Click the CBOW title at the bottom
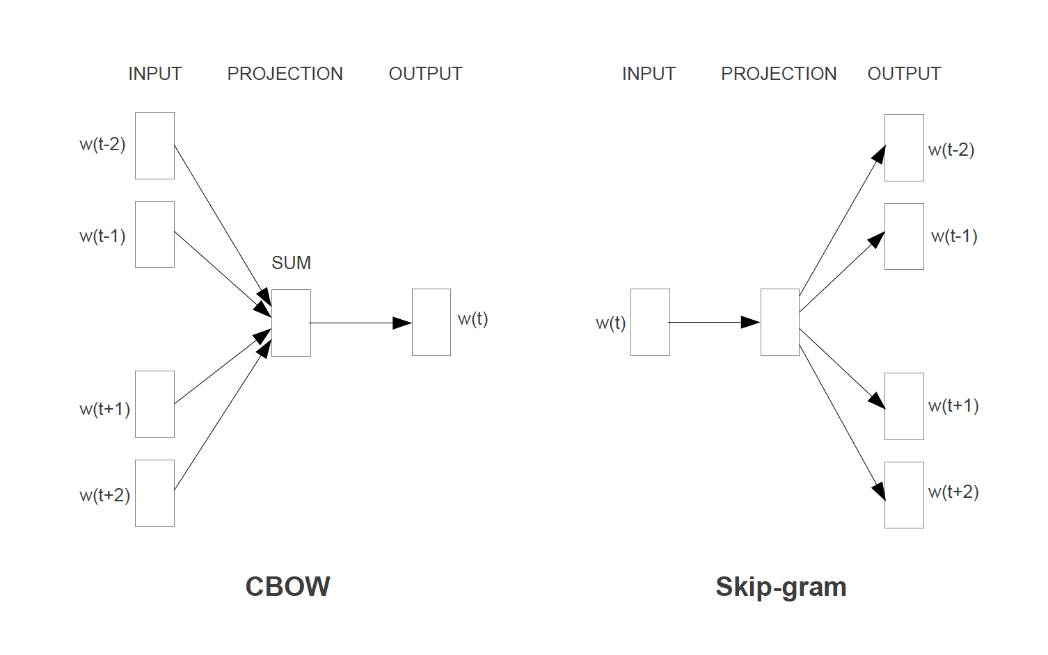click(287, 586)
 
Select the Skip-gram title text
click(781, 587)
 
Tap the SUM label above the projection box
click(291, 263)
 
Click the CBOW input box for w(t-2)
click(154, 145)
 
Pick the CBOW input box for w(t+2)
click(154, 493)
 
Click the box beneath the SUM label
click(291, 323)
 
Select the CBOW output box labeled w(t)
click(431, 322)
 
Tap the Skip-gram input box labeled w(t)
click(650, 322)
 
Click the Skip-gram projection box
click(779, 322)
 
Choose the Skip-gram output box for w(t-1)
click(904, 236)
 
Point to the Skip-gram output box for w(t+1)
click(904, 406)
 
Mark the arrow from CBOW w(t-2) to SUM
click(219, 220)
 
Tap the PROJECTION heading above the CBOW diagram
click(285, 74)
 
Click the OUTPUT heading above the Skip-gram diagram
click(904, 74)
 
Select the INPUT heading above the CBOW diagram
click(154, 74)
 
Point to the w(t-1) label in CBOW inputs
click(102, 236)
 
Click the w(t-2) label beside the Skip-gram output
click(951, 149)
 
